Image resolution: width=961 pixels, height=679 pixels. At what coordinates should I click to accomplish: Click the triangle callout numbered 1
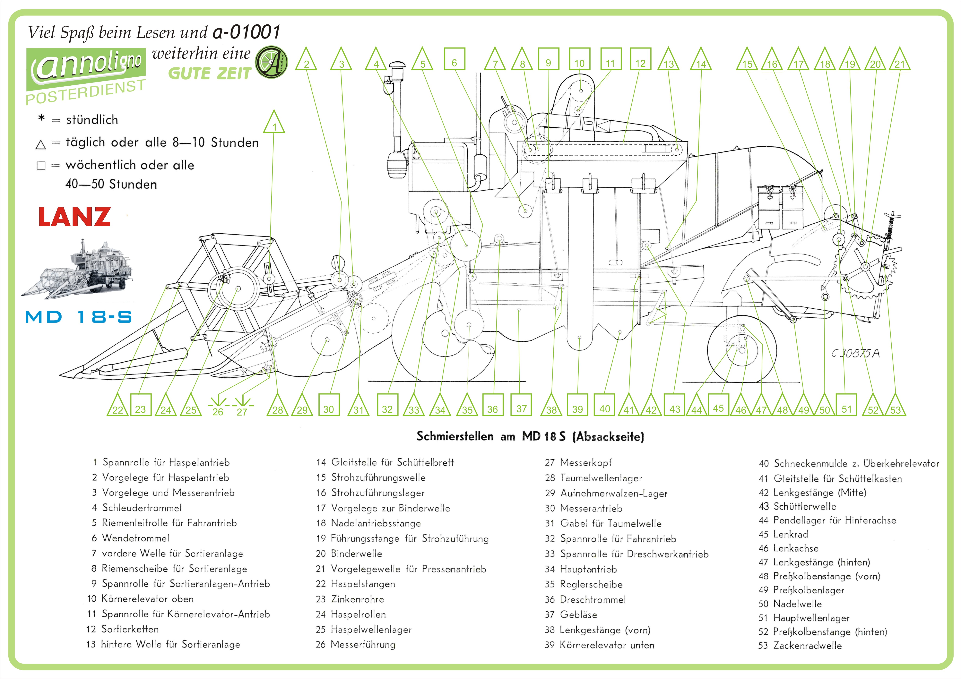pyautogui.click(x=274, y=122)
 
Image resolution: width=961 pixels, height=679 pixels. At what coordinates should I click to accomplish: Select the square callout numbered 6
pyautogui.click(x=454, y=63)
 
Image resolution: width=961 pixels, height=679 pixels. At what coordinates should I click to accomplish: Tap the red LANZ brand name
pyautogui.click(x=74, y=217)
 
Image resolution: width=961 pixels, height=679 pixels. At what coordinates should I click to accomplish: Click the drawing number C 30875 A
pyautogui.click(x=855, y=354)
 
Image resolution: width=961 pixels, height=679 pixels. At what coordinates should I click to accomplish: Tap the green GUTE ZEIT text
pyautogui.click(x=209, y=74)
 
